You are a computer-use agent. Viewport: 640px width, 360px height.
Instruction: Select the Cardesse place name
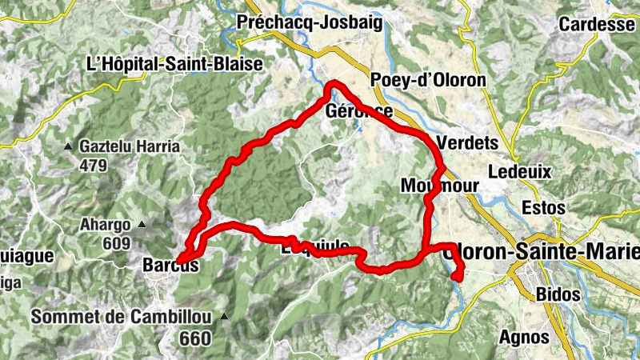pos(597,24)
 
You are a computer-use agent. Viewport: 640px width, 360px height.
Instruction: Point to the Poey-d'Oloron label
pos(429,80)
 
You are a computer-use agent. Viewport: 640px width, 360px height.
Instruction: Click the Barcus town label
pos(170,265)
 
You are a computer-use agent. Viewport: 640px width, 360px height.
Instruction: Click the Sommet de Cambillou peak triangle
pos(225,317)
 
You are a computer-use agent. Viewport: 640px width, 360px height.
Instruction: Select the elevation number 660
pos(195,339)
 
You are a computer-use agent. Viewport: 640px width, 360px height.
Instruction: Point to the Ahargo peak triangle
pos(142,224)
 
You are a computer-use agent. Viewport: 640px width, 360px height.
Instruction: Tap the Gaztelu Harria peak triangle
pos(70,146)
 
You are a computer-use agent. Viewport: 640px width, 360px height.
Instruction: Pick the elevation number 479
pos(94,166)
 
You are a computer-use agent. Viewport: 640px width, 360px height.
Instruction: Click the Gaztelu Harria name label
pos(130,146)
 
